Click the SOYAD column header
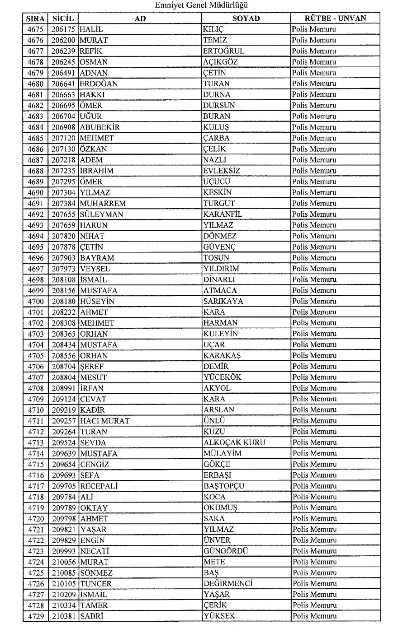(x=246, y=19)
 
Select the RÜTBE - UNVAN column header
(x=335, y=19)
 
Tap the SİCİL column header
(x=63, y=19)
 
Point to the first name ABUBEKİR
(x=99, y=127)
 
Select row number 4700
(x=36, y=301)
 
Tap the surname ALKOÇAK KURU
(x=234, y=442)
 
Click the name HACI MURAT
(x=105, y=421)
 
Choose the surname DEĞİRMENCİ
(x=227, y=583)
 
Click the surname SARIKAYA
(x=223, y=301)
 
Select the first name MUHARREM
(x=103, y=203)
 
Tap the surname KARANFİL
(x=223, y=214)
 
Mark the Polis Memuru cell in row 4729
(x=314, y=616)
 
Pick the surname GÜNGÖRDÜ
(x=226, y=551)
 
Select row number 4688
(x=36, y=171)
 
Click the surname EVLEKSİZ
(x=222, y=171)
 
